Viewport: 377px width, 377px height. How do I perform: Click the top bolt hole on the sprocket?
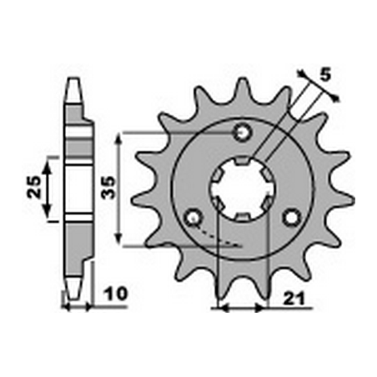pos(243,132)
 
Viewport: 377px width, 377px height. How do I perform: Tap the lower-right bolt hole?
pos(291,218)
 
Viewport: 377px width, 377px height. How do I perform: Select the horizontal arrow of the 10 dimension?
pos(78,308)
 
